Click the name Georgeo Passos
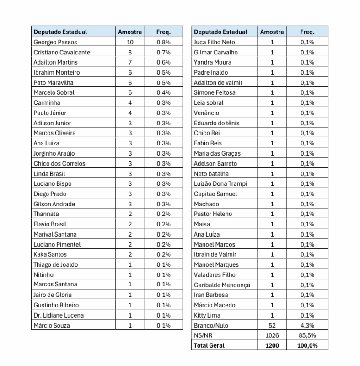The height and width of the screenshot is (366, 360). pyautogui.click(x=55, y=42)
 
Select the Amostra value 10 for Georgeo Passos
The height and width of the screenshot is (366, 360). pyautogui.click(x=130, y=42)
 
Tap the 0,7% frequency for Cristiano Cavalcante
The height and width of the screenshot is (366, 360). pyautogui.click(x=163, y=52)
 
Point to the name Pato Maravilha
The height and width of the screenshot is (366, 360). pyautogui.click(x=53, y=82)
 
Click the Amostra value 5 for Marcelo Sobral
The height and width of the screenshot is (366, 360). pyautogui.click(x=130, y=92)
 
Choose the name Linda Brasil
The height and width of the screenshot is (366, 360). pyautogui.click(x=49, y=173)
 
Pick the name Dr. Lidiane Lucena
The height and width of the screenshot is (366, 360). pyautogui.click(x=59, y=315)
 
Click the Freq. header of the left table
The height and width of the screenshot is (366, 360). pyautogui.click(x=163, y=32)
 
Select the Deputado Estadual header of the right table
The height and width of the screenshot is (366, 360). pyautogui.click(x=220, y=32)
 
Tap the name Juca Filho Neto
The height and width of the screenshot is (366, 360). pyautogui.click(x=215, y=42)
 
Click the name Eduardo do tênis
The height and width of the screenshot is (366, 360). pyautogui.click(x=216, y=123)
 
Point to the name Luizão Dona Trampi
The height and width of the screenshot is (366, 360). pyautogui.click(x=220, y=183)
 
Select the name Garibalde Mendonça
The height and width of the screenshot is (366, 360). pyautogui.click(x=222, y=285)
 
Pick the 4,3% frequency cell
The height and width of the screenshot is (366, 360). pyautogui.click(x=307, y=325)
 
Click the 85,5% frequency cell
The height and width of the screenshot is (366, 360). pyautogui.click(x=307, y=335)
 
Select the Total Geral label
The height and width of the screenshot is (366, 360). pyautogui.click(x=209, y=345)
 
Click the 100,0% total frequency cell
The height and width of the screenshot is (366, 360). pyautogui.click(x=307, y=345)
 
